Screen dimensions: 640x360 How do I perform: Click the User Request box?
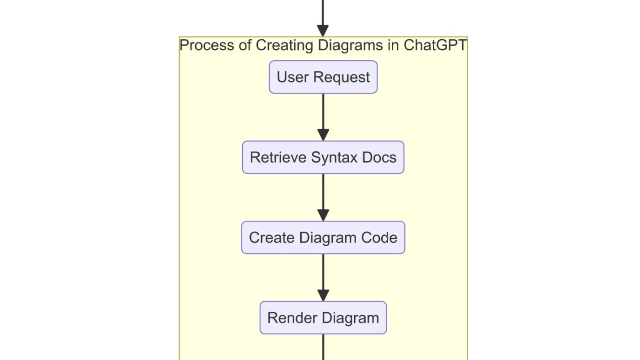(x=323, y=77)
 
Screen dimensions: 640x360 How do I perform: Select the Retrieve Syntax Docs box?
(x=323, y=157)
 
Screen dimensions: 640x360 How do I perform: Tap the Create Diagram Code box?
(x=323, y=238)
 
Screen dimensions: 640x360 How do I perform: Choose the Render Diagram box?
(x=323, y=318)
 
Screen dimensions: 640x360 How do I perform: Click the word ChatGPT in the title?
(x=435, y=45)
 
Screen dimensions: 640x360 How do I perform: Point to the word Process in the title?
(x=207, y=45)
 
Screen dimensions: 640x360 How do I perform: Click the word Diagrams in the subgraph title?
(x=350, y=46)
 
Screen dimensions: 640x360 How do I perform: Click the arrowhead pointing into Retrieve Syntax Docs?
(x=323, y=135)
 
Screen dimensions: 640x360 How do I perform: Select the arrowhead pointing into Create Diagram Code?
(x=323, y=215)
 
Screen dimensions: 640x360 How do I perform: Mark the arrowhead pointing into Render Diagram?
(x=323, y=295)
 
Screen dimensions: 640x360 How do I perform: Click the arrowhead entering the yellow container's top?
(x=323, y=31)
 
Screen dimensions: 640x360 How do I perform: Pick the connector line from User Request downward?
(x=323, y=111)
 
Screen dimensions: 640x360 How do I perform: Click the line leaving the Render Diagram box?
(x=323, y=347)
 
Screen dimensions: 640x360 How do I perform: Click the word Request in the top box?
(x=342, y=78)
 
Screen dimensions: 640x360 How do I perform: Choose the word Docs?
(x=379, y=157)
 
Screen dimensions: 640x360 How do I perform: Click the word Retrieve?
(x=278, y=157)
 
